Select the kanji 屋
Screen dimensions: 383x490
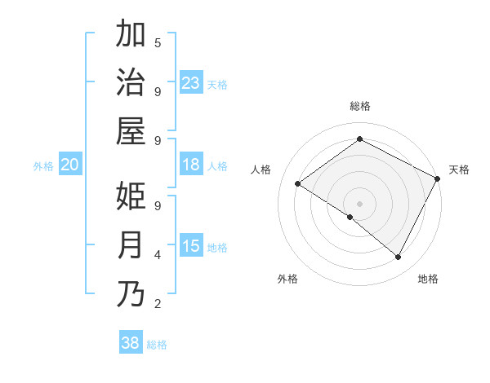click(x=131, y=130)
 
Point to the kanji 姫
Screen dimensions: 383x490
click(x=131, y=196)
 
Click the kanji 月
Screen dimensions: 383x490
click(x=131, y=245)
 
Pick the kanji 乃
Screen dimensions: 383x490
click(x=131, y=294)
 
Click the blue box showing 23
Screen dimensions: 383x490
click(x=191, y=82)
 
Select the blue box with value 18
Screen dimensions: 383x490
click(x=191, y=165)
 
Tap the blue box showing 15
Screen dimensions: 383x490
click(x=191, y=246)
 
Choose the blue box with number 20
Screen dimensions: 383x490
click(x=69, y=165)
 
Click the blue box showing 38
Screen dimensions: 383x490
click(x=130, y=343)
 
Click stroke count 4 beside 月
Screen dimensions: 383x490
click(x=158, y=255)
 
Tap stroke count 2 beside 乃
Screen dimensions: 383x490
click(x=158, y=304)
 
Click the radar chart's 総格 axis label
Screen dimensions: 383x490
click(x=359, y=107)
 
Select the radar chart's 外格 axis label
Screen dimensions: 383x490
click(x=287, y=280)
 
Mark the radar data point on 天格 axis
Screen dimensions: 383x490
click(x=438, y=178)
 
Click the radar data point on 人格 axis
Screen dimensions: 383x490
click(x=297, y=184)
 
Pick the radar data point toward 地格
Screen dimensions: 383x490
click(x=399, y=258)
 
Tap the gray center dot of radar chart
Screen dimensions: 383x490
click(x=359, y=203)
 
